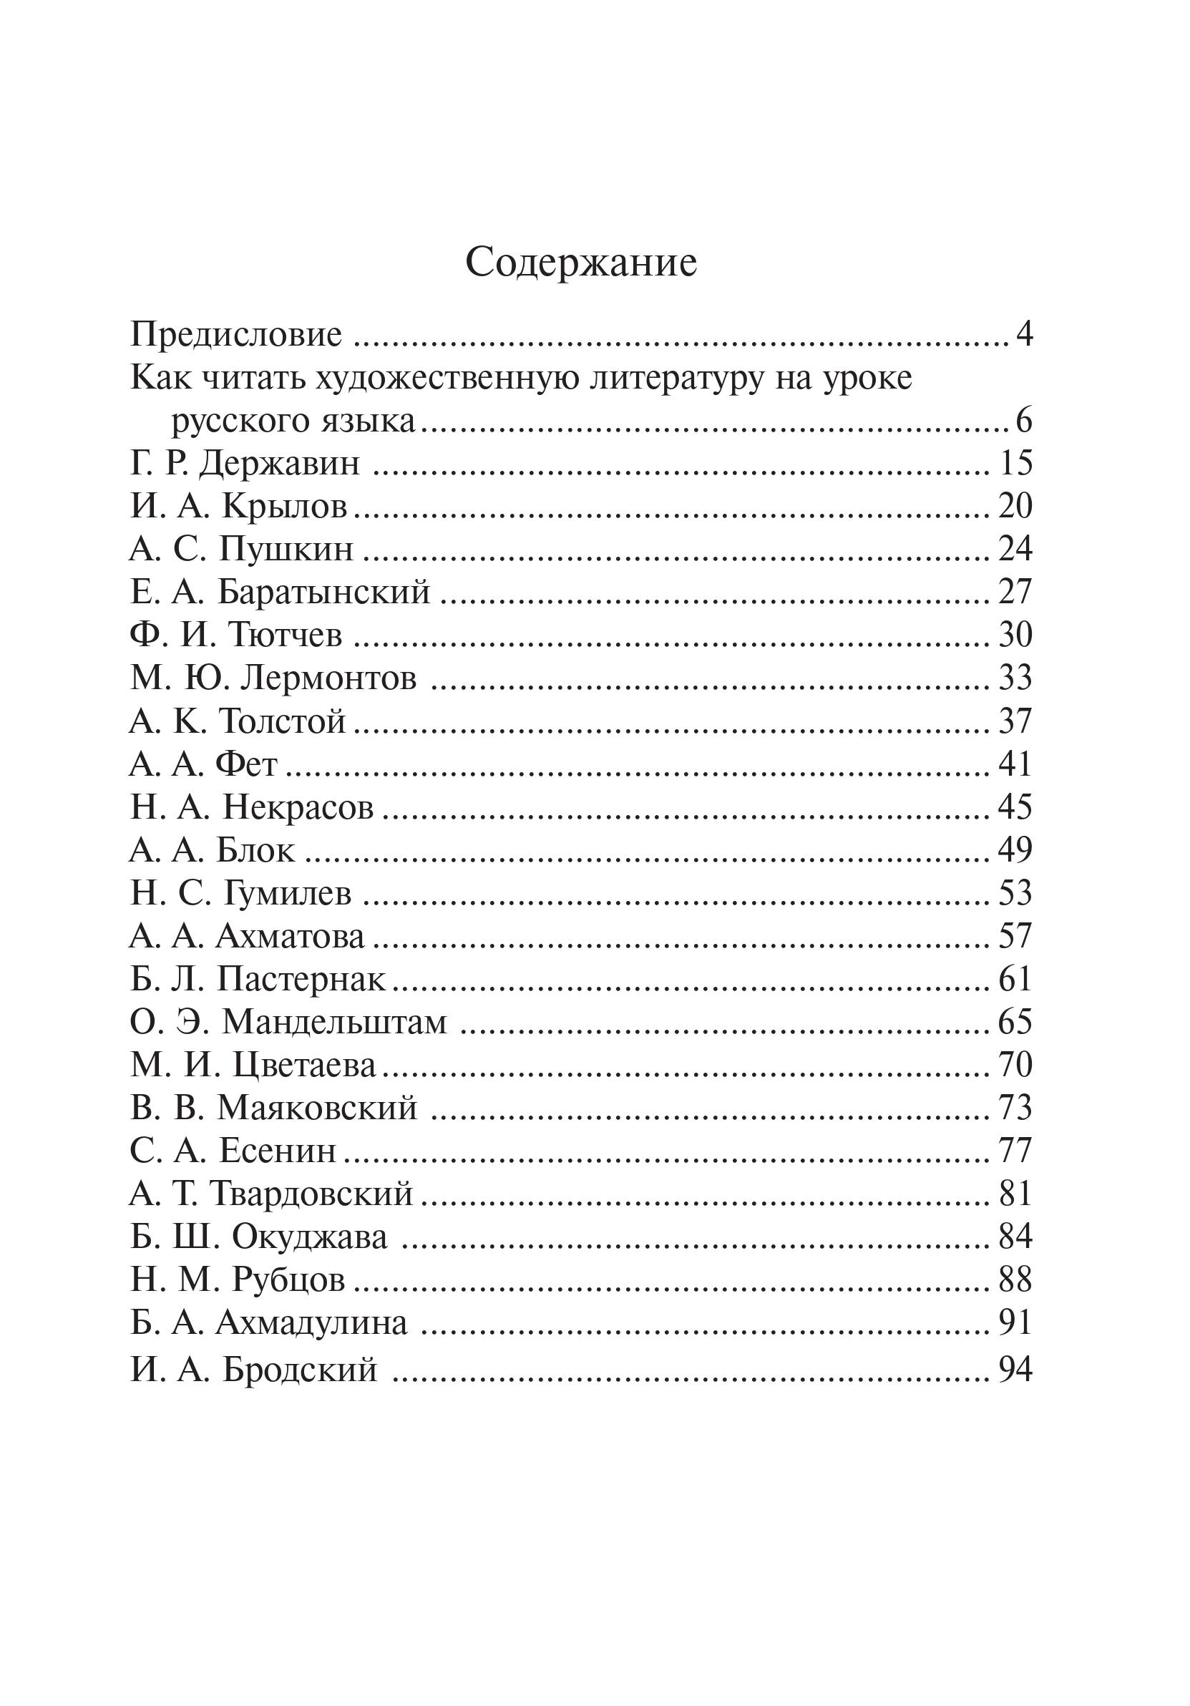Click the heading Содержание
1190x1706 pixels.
tap(581, 263)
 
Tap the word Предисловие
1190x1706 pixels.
tap(236, 335)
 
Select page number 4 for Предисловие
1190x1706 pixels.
tap(1023, 335)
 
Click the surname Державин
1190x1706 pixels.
tap(279, 464)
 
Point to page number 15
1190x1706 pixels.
tap(1015, 464)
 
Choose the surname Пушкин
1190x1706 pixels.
tap(286, 550)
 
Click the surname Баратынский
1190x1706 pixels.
tap(324, 593)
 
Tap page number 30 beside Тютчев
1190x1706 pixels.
tap(1015, 635)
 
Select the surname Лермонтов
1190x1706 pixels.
tap(329, 678)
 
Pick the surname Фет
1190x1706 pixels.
tap(247, 764)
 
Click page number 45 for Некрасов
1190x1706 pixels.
tap(1015, 807)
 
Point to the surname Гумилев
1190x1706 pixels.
tap(287, 893)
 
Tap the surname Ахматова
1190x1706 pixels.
tap(291, 936)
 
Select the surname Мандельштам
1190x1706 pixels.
tap(334, 1023)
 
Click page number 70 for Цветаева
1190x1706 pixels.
tap(1015, 1065)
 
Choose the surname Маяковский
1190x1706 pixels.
tap(317, 1108)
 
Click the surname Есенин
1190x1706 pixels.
tap(278, 1151)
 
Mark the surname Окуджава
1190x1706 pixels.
tap(309, 1237)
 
